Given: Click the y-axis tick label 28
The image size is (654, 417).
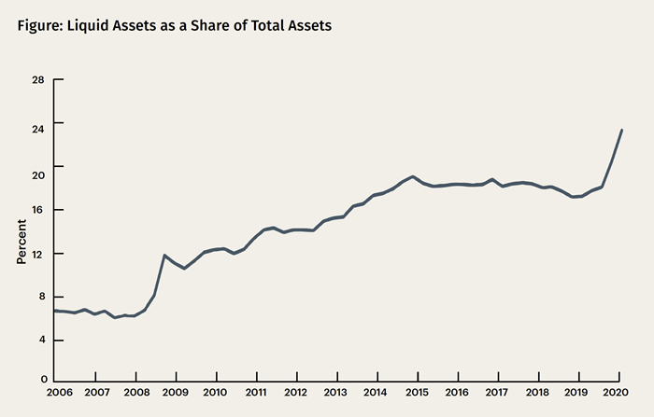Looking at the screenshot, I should (x=38, y=79).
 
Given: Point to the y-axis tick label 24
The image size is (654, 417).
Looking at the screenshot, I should (x=38, y=123).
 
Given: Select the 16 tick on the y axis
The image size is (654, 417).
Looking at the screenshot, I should (x=38, y=210).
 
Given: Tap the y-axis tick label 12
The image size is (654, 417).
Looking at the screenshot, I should (x=38, y=254).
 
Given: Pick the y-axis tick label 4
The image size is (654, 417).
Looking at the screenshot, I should (x=41, y=341).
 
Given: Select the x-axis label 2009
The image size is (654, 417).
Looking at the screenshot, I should (x=176, y=394).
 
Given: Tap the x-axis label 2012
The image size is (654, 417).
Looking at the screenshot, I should (x=295, y=394).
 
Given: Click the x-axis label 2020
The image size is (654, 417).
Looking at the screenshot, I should (x=615, y=394).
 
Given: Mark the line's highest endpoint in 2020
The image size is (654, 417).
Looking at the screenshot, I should (x=622, y=130).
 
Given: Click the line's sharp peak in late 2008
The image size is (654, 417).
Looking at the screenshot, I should (x=164, y=255).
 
